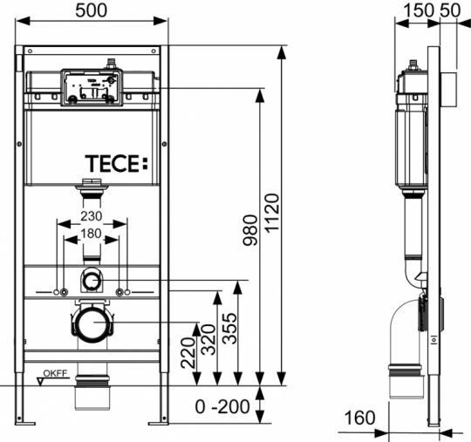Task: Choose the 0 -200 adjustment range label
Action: pyautogui.click(x=222, y=406)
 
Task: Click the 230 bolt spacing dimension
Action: pyautogui.click(x=92, y=216)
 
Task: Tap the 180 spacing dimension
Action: pyautogui.click(x=92, y=234)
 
